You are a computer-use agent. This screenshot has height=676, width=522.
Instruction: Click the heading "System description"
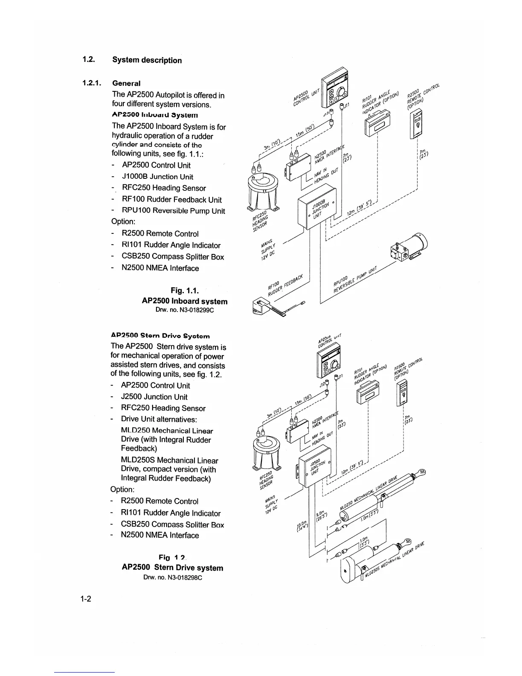pos(147,60)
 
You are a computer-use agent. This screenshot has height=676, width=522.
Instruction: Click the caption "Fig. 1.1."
pos(184,291)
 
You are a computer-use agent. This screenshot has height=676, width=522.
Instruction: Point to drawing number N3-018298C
pos(172,578)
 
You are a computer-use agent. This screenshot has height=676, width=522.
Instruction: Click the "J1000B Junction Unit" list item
pos(157,177)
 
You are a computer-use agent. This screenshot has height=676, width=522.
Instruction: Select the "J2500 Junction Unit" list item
pos(154,397)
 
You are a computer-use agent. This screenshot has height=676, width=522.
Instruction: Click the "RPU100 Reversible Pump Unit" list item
pos(173,211)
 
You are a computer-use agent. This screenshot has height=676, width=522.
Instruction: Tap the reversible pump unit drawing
pos(409,249)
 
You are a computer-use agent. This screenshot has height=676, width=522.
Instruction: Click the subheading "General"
pos(126,83)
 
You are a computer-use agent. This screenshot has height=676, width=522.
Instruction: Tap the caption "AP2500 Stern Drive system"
pos(172,568)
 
